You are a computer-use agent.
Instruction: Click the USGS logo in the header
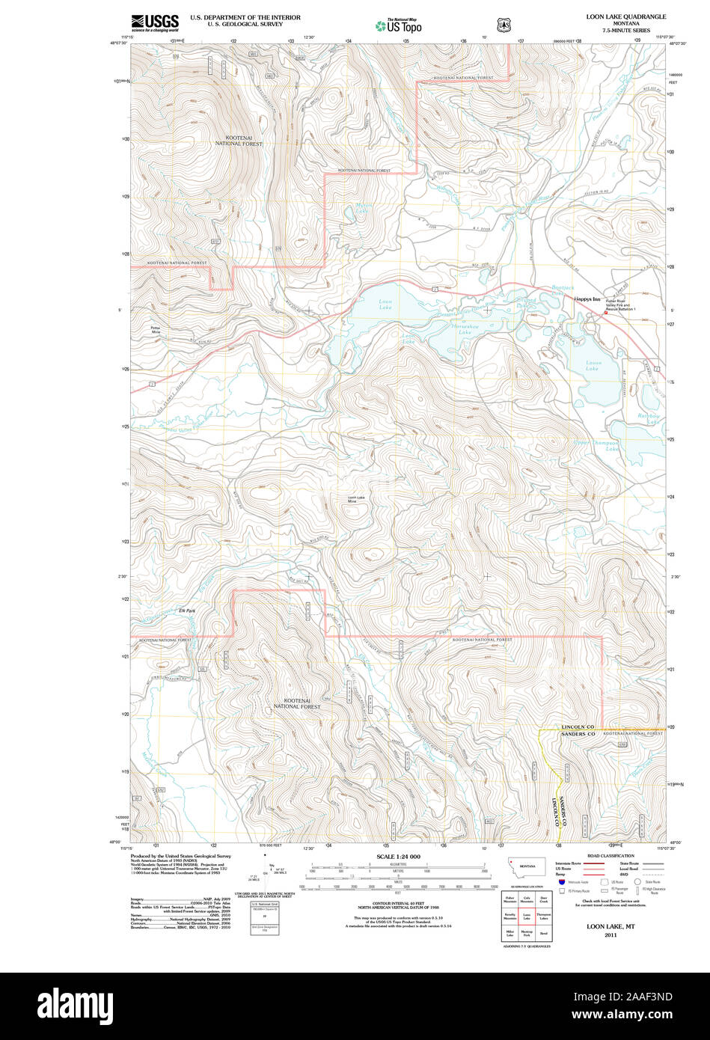(x=155, y=23)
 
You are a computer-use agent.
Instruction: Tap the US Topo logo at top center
(x=398, y=25)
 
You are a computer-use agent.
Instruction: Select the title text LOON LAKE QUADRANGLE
(x=625, y=16)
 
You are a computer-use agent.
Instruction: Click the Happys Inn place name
(x=587, y=299)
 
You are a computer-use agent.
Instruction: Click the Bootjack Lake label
(x=563, y=290)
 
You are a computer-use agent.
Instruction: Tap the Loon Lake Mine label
(x=357, y=499)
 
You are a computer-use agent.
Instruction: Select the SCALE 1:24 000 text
(x=398, y=857)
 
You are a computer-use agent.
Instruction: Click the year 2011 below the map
(x=611, y=935)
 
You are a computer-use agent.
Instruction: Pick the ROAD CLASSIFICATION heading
(x=610, y=856)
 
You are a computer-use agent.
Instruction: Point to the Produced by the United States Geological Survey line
(x=180, y=856)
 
